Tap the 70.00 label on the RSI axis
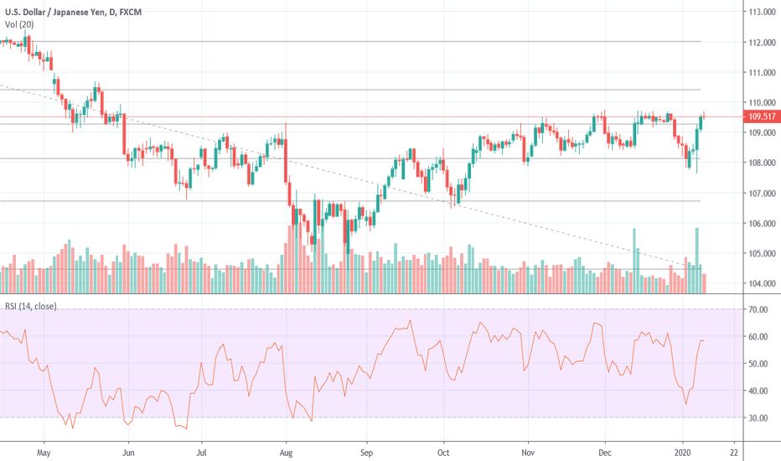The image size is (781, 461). click(759, 310)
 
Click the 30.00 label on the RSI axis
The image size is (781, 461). click(759, 417)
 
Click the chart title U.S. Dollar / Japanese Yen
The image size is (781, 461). click(58, 10)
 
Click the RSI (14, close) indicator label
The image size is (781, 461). click(31, 306)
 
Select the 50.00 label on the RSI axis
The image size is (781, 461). click(759, 364)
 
